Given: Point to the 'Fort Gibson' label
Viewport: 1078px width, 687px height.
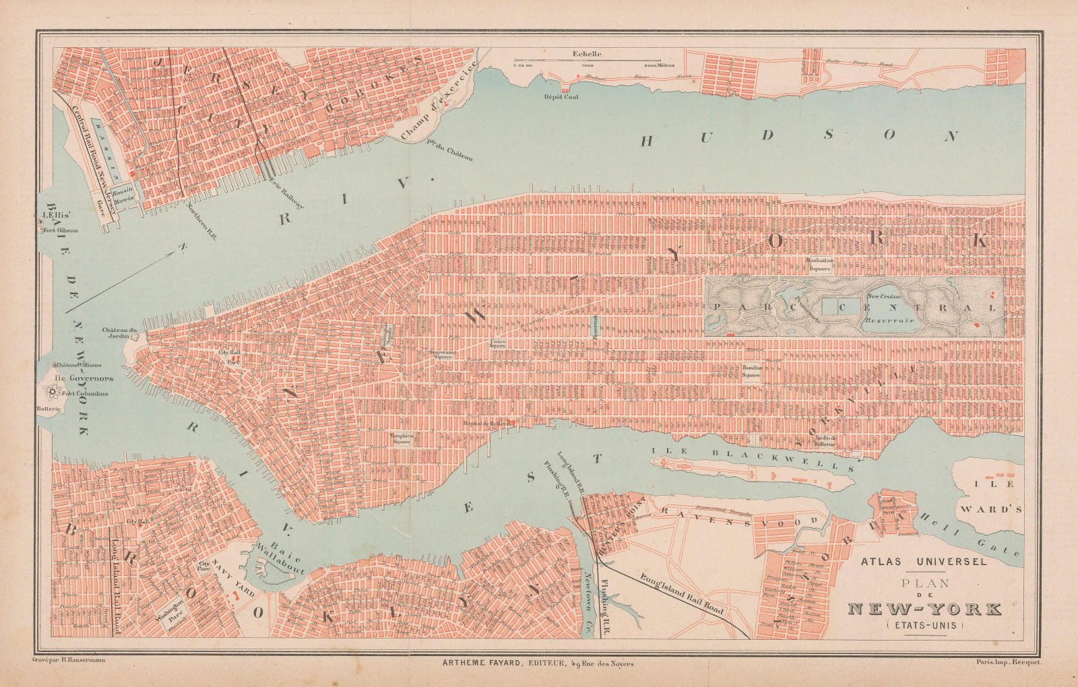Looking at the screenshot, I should [61, 230].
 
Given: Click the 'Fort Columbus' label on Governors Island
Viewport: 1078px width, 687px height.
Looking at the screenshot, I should [84, 394].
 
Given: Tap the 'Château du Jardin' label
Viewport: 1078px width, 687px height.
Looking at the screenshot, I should [120, 333].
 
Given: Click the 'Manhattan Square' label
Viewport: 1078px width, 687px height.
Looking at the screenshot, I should [820, 263].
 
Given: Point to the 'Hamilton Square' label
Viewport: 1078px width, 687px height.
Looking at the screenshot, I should [752, 372].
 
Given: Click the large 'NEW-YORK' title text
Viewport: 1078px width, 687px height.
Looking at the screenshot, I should [924, 610].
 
